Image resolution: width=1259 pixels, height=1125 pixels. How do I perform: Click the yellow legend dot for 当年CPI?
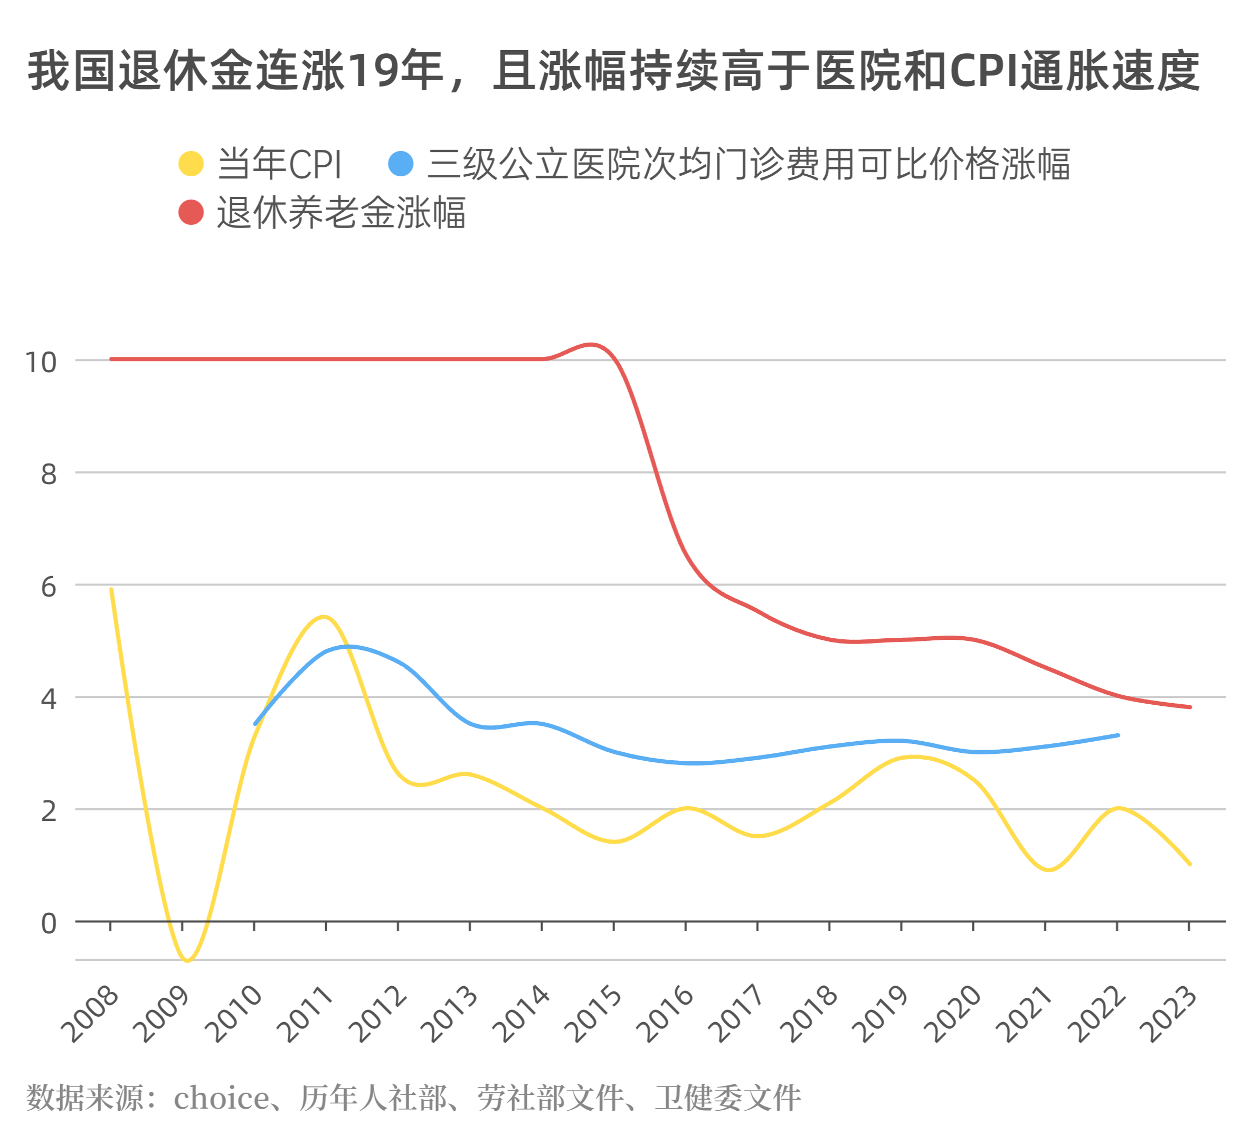[191, 164]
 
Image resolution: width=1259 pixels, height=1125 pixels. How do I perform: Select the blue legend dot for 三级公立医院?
[401, 164]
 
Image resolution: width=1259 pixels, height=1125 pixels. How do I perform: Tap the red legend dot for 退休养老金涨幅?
[191, 212]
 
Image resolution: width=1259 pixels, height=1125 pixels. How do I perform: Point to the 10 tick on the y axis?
[40, 362]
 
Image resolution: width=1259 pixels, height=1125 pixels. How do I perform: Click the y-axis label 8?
[48, 475]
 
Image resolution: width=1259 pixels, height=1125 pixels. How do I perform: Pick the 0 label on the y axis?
[48, 923]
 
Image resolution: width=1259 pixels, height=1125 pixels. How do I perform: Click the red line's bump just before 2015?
[591, 344]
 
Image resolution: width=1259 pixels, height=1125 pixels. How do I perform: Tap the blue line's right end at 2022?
[1118, 735]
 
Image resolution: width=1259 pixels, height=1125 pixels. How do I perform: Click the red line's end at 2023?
[1189, 707]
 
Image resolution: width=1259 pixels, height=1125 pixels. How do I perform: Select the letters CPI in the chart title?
[984, 70]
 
